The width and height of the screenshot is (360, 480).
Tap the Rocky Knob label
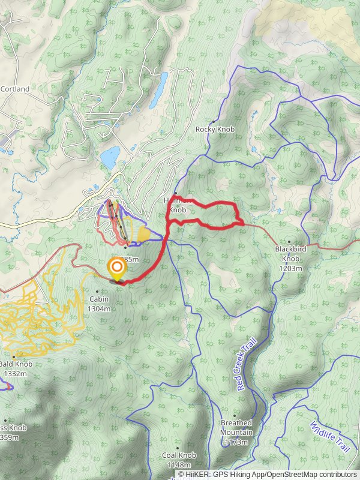click(214, 129)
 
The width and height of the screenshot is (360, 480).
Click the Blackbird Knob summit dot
click(289, 241)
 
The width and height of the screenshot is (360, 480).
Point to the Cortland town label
click(15, 89)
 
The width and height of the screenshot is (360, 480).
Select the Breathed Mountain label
click(236, 427)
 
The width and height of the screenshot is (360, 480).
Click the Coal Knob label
click(179, 455)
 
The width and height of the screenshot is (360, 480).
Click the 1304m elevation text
click(99, 309)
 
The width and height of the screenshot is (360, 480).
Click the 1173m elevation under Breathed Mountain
click(236, 442)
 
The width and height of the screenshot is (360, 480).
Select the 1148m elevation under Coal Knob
click(179, 464)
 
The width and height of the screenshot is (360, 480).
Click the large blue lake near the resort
click(110, 158)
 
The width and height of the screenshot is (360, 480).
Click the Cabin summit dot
click(97, 292)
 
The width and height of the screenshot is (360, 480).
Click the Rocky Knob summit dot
click(213, 121)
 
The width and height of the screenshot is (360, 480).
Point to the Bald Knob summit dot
click(13, 356)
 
